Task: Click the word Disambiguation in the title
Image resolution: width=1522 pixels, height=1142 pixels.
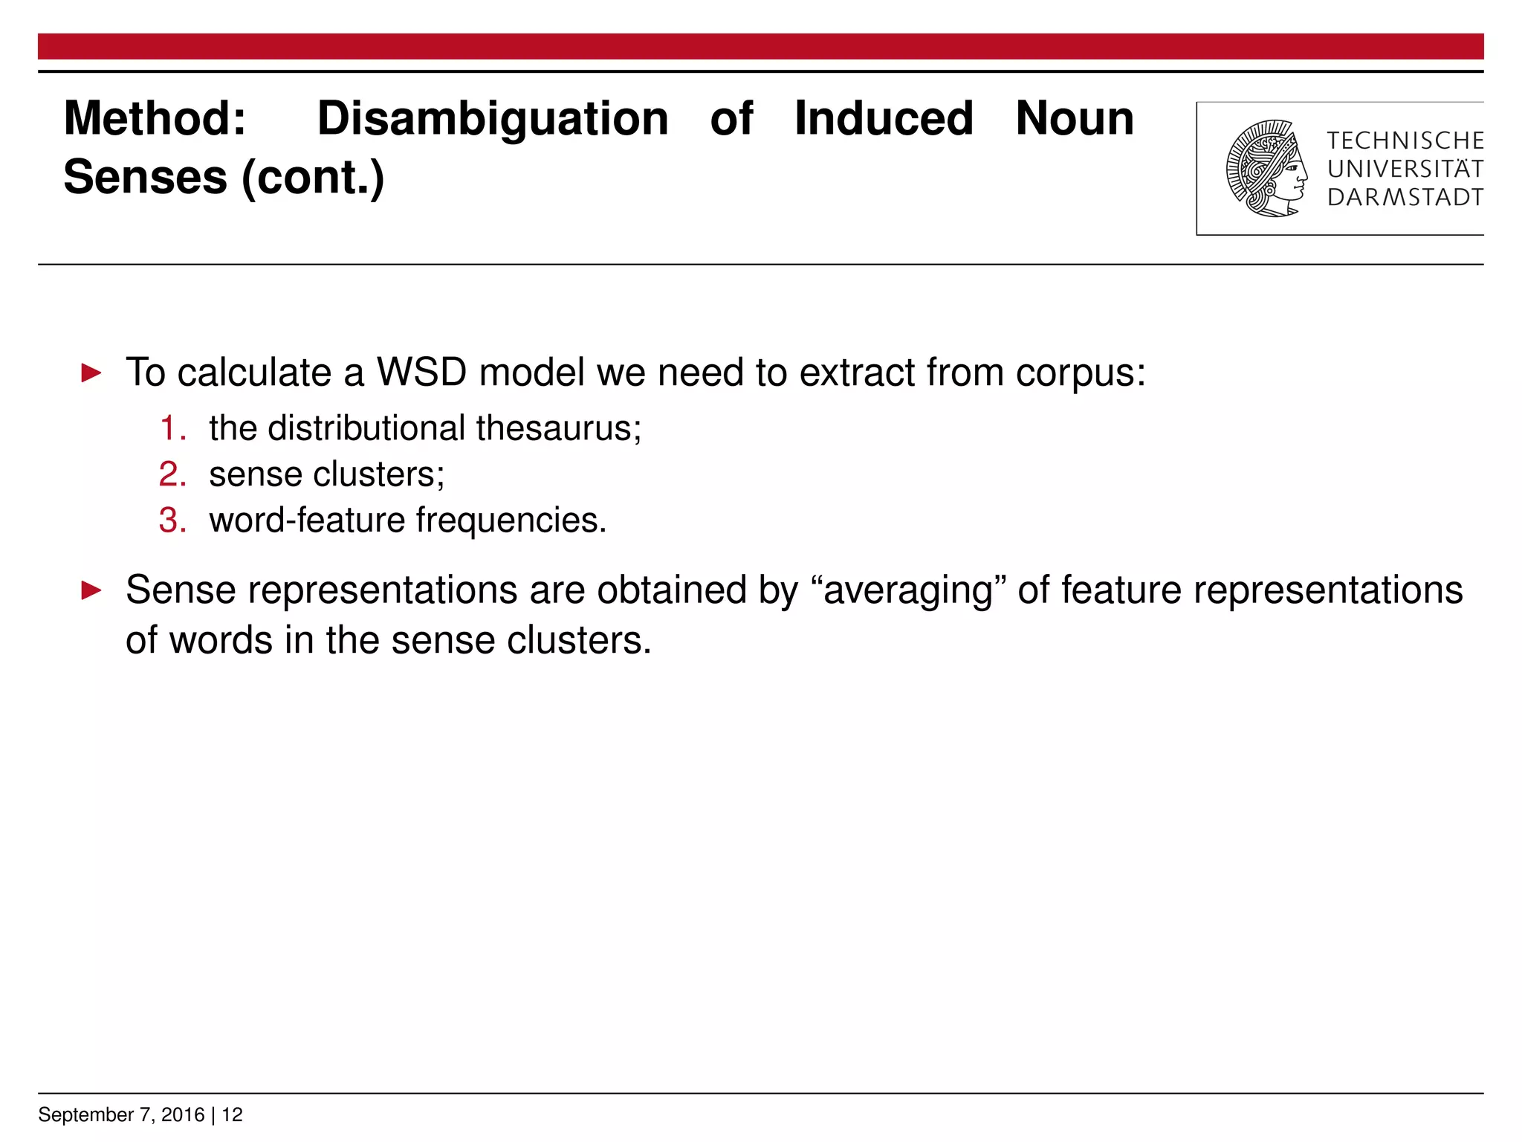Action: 493,119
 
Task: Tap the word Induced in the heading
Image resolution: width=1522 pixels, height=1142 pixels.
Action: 884,119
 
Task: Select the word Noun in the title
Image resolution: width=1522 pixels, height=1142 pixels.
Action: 1075,119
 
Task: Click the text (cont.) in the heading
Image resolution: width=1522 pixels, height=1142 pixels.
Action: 313,178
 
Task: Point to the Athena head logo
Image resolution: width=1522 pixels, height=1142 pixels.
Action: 1266,169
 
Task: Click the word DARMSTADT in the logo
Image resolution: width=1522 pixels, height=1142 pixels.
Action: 1405,198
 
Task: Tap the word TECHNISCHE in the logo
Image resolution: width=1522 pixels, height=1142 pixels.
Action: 1405,141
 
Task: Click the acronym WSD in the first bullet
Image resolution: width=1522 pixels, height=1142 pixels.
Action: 421,372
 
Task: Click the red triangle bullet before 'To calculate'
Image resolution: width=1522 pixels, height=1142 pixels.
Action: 91,372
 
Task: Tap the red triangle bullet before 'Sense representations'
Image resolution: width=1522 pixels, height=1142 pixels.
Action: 91,591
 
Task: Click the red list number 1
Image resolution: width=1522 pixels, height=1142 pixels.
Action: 172,429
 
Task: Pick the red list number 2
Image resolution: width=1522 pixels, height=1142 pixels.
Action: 172,475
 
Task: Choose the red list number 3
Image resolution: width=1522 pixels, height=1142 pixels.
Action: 172,520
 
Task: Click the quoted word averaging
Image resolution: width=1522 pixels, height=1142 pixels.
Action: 908,591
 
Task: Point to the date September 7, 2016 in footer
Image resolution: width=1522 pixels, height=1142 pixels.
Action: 121,1114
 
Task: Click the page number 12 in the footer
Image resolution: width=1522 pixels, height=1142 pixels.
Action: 233,1114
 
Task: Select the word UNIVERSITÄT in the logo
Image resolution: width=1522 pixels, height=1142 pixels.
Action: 1405,170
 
